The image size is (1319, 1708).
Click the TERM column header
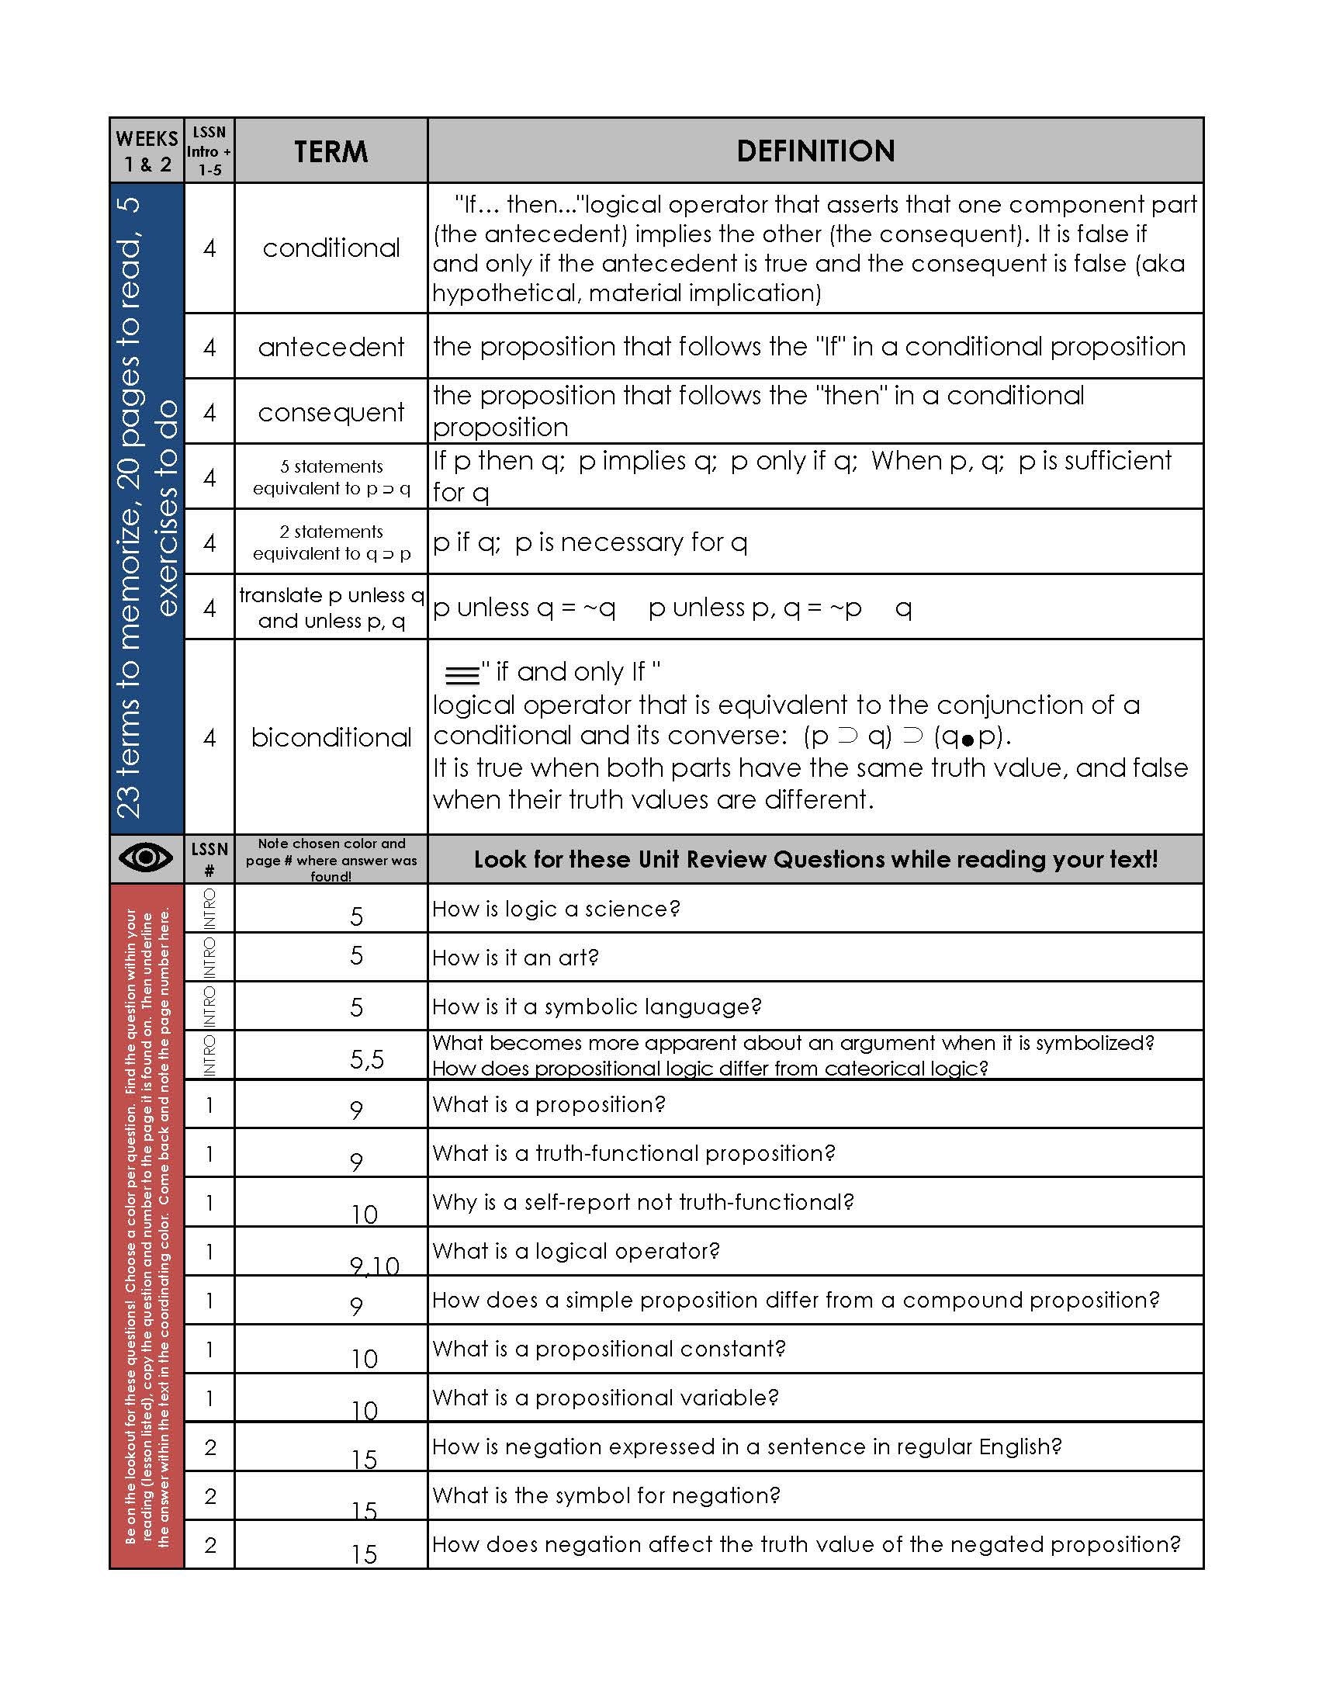(x=331, y=151)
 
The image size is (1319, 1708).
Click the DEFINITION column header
(x=815, y=151)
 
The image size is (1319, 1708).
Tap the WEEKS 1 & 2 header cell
(x=146, y=151)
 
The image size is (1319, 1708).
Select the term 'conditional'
(x=331, y=248)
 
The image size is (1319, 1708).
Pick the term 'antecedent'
(x=331, y=346)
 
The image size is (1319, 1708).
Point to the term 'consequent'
(x=331, y=412)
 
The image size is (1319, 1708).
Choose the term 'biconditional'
(x=331, y=736)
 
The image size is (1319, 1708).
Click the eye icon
(x=146, y=858)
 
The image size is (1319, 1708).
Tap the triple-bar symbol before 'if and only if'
(x=462, y=674)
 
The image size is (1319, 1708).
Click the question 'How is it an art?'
(x=515, y=958)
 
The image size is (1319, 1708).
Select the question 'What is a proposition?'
(x=548, y=1104)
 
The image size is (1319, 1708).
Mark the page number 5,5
(x=366, y=1060)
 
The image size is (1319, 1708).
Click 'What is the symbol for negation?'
(x=606, y=1495)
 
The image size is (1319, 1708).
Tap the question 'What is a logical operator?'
(x=576, y=1250)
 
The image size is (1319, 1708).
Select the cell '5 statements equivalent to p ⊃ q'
(x=331, y=477)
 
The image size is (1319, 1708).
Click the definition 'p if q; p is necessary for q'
(x=590, y=542)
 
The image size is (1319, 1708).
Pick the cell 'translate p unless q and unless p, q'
(x=331, y=608)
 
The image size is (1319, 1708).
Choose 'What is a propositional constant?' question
(x=608, y=1348)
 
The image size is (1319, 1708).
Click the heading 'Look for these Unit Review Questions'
(x=815, y=859)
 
